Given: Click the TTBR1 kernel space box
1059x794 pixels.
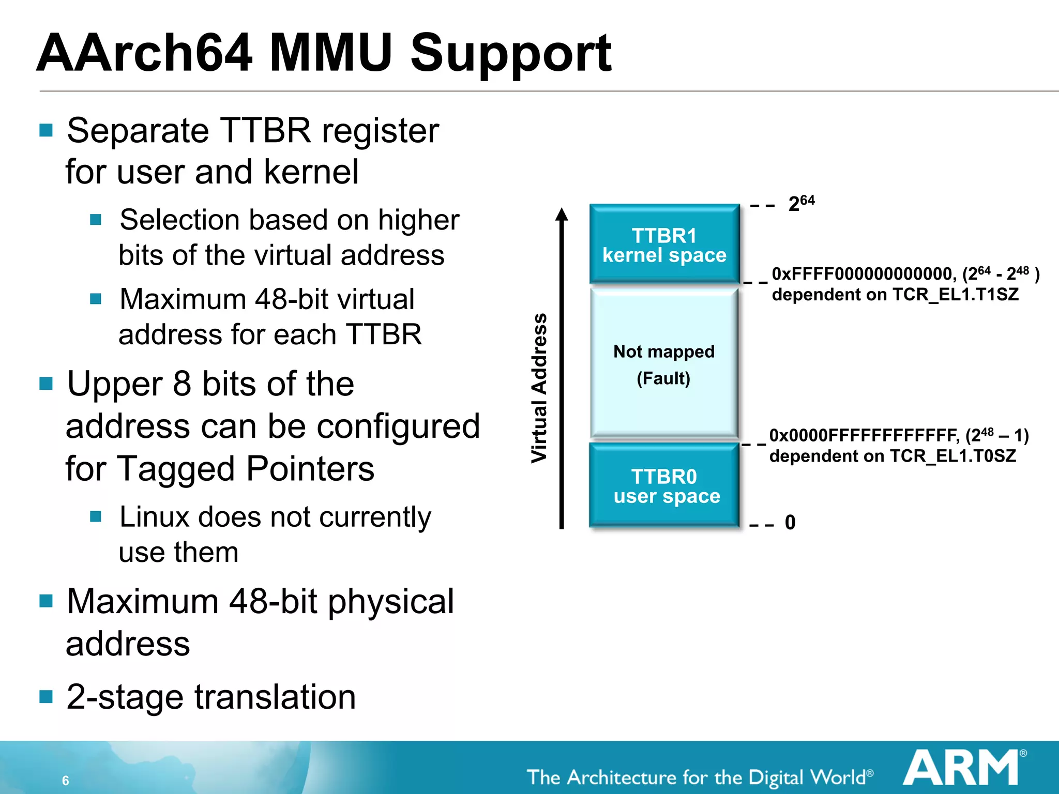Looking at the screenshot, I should (664, 244).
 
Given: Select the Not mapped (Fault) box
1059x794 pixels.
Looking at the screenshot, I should (664, 364).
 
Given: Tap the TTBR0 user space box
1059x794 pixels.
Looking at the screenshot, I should (664, 485).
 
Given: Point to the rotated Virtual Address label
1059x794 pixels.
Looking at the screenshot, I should (539, 388).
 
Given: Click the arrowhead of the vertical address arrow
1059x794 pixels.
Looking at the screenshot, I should (562, 215).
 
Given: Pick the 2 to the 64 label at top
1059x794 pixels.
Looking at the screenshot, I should (801, 203).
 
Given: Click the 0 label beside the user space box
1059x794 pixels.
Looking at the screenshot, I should (790, 522).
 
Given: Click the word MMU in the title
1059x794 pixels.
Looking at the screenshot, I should (331, 53).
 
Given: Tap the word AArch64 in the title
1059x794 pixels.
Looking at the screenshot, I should (145, 53).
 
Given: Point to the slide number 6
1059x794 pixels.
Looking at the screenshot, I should (66, 780).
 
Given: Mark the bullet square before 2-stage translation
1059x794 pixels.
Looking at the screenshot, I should (46, 697).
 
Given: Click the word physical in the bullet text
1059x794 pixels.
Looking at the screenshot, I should (390, 602).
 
